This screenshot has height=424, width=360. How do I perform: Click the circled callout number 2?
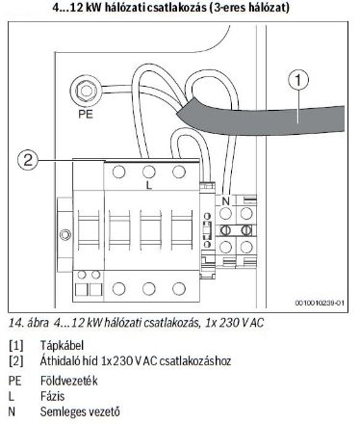pyautogui.click(x=31, y=160)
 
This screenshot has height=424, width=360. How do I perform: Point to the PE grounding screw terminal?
pyautogui.click(x=88, y=93)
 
